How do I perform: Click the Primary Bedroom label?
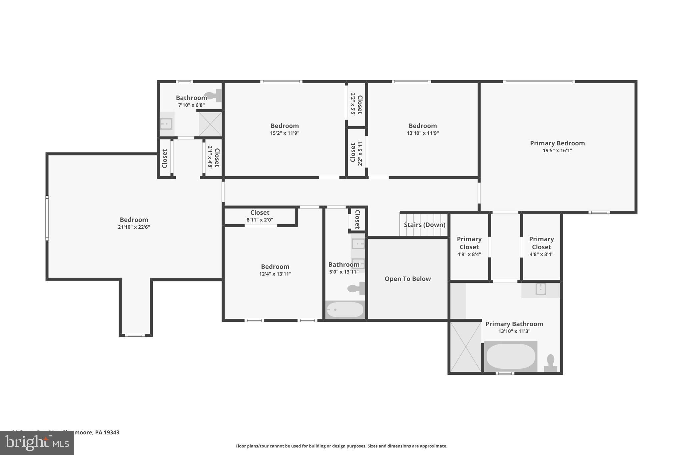[x=557, y=143]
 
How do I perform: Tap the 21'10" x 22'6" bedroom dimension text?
[x=134, y=227]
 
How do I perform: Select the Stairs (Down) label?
[x=424, y=225]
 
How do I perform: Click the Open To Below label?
[x=408, y=279]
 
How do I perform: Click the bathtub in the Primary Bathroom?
[x=510, y=356]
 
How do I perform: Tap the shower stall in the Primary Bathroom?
[x=465, y=347]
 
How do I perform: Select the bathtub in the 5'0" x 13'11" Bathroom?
[x=345, y=310]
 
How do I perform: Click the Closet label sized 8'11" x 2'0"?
[x=260, y=213]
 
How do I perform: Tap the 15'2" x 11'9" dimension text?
[x=284, y=133]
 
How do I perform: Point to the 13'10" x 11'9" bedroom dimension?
[x=423, y=133]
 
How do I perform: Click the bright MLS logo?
[x=37, y=443]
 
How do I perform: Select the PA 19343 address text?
[x=107, y=432]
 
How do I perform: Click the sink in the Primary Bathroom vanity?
[x=540, y=289]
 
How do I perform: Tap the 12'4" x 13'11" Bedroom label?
[x=275, y=267]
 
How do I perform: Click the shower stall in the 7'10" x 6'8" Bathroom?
[x=210, y=124]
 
